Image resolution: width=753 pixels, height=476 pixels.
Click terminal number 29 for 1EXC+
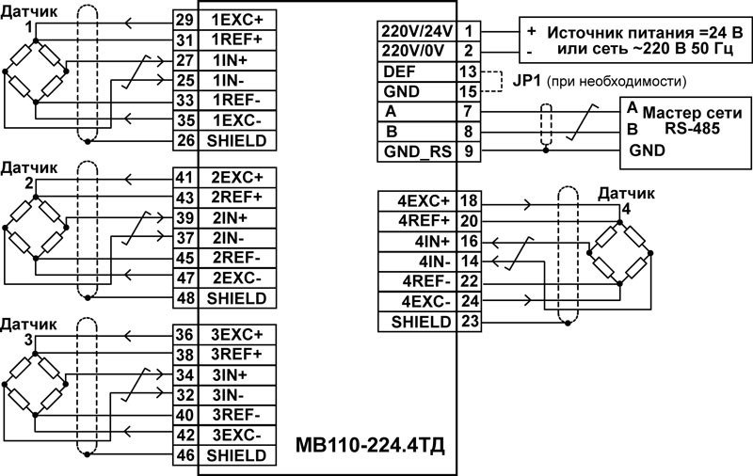tap(185, 20)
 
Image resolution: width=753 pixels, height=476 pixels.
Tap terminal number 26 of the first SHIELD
tap(185, 141)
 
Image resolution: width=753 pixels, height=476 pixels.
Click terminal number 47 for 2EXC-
tap(185, 278)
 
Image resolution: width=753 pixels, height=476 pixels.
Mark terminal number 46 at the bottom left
tap(185, 455)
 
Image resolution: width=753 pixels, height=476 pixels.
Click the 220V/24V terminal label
tap(416, 30)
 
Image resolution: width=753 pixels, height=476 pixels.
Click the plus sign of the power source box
tap(531, 30)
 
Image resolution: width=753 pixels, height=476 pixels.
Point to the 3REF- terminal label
tap(238, 415)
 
